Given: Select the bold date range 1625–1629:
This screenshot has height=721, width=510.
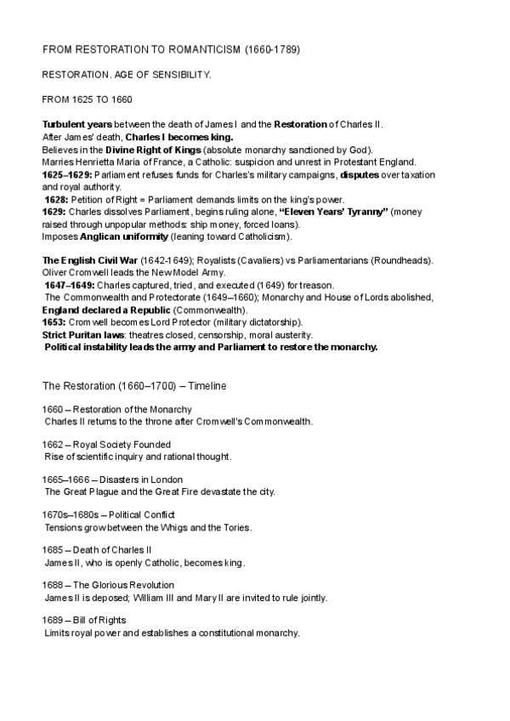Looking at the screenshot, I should pyautogui.click(x=66, y=174).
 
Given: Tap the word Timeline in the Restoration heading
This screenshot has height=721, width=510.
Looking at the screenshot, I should pyautogui.click(x=208, y=385).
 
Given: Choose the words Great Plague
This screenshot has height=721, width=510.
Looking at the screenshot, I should pyautogui.click(x=88, y=491).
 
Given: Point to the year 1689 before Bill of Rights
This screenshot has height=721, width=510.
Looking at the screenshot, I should pyautogui.click(x=53, y=622).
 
